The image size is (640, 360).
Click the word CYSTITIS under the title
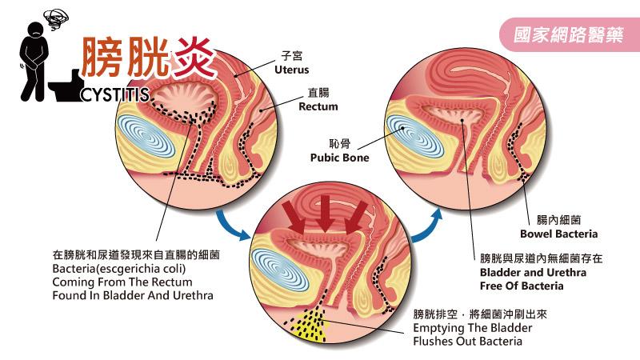[114, 95]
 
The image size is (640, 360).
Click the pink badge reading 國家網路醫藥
[567, 36]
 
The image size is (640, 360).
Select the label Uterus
[291, 70]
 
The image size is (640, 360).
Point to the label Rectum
[318, 106]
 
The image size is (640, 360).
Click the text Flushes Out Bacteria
[467, 342]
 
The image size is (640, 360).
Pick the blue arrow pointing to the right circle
[431, 221]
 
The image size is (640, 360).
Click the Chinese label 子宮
[290, 57]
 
